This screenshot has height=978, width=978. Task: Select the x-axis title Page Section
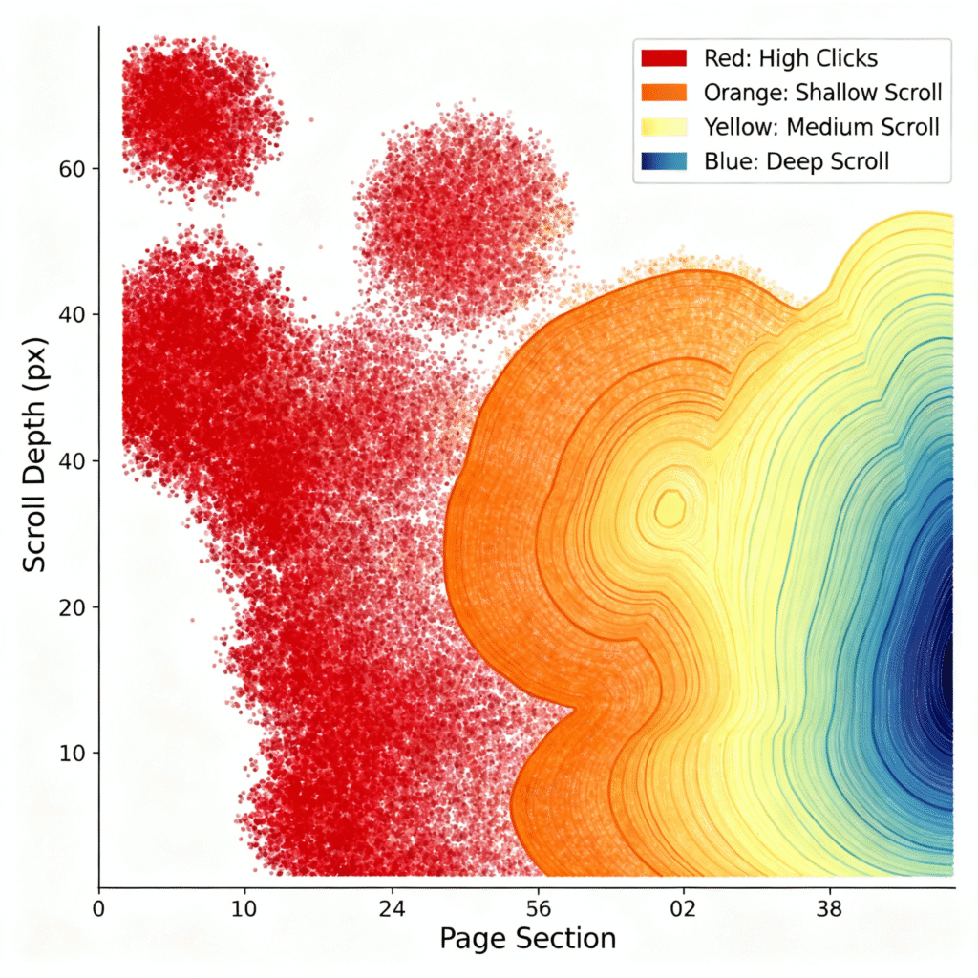(x=527, y=939)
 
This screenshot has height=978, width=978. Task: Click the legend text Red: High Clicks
(x=790, y=58)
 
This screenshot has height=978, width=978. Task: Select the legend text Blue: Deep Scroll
(x=796, y=161)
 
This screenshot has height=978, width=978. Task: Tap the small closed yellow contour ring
(x=670, y=508)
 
